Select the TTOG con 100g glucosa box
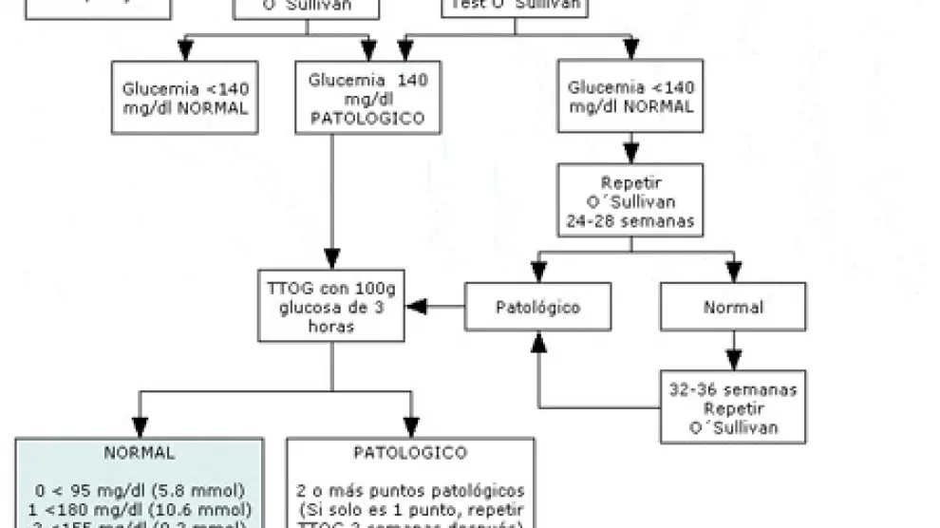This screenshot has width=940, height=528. pyautogui.click(x=331, y=306)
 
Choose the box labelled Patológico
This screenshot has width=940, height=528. pyautogui.click(x=538, y=307)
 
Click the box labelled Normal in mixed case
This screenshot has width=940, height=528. pyautogui.click(x=733, y=307)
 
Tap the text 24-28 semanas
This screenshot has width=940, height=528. pyautogui.click(x=631, y=222)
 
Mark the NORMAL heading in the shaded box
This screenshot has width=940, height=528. pyautogui.click(x=139, y=453)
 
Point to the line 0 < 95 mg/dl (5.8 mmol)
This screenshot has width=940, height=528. pyautogui.click(x=139, y=490)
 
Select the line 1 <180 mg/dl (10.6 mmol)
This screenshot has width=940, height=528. pyautogui.click(x=139, y=508)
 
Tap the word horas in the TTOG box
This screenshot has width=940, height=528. pyautogui.click(x=331, y=325)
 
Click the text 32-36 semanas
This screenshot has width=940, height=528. pyautogui.click(x=733, y=390)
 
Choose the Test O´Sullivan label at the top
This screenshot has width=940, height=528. pyautogui.click(x=515, y=4)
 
